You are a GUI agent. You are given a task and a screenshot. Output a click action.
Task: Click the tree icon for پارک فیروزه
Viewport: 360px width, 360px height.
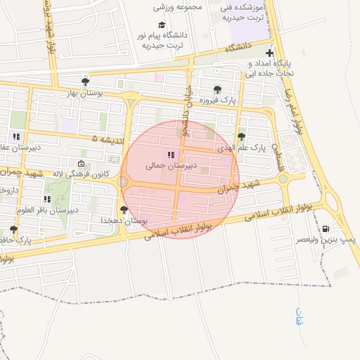click(217, 90)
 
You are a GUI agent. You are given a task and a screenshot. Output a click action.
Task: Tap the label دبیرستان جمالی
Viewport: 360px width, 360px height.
click(163, 166)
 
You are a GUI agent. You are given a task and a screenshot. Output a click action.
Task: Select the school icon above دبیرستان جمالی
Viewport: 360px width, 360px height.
click(169, 155)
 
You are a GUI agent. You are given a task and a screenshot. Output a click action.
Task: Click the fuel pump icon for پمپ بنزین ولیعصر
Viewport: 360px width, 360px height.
click(326, 229)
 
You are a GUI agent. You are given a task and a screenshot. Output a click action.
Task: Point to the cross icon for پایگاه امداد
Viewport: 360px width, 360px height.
click(269, 53)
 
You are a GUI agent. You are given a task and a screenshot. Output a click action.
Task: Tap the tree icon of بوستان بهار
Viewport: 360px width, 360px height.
click(85, 82)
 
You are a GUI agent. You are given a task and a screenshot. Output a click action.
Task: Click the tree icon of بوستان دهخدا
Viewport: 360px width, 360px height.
click(124, 210)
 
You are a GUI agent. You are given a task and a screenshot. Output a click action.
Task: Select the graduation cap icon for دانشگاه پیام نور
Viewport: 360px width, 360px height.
click(162, 25)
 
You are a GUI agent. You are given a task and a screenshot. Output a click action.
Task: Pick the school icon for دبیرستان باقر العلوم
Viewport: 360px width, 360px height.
click(48, 199)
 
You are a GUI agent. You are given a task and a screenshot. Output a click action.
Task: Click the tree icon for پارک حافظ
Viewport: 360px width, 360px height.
click(14, 229)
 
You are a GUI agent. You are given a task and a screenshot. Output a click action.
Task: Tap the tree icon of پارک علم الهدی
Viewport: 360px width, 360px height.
click(241, 137)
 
